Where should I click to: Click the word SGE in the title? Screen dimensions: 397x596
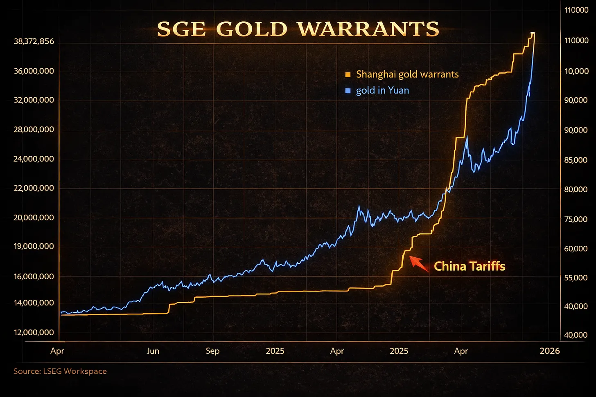point(181,29)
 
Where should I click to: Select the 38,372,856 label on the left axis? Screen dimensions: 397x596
point(34,42)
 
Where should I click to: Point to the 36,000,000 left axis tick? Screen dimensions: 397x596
point(34,71)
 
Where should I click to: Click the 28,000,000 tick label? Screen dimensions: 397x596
point(34,130)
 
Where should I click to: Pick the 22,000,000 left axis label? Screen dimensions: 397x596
point(34,188)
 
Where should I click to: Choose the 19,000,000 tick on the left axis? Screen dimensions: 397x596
point(34,246)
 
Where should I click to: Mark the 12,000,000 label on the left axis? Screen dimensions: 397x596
point(34,332)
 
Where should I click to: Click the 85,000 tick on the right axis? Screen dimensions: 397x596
point(576,160)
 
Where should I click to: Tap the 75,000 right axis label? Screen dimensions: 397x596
point(576,219)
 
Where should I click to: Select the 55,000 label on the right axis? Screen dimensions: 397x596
point(576,278)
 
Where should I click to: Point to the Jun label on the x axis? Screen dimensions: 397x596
point(153,351)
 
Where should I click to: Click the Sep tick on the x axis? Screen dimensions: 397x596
point(213,351)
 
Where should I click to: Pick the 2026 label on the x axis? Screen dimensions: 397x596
point(550,351)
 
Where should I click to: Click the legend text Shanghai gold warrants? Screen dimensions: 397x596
point(407,74)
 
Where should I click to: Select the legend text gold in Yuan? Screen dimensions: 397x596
point(382,90)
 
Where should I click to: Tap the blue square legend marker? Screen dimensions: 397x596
point(348,91)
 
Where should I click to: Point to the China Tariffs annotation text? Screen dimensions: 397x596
point(470,267)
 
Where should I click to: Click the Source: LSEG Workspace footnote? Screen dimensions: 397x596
point(60,371)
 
